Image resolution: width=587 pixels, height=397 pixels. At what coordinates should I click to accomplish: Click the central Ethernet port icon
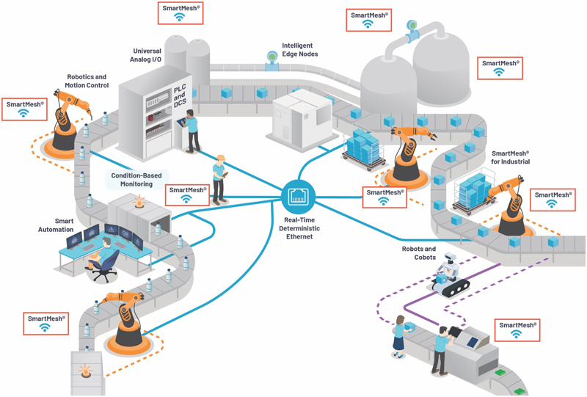[299, 196]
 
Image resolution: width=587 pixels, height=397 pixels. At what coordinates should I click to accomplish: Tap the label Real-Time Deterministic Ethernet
[299, 228]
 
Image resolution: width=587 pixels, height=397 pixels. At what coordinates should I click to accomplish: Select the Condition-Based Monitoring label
[136, 179]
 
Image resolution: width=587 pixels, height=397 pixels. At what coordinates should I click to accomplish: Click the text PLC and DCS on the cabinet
[180, 96]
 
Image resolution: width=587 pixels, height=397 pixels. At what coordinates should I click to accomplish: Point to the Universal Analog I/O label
[145, 55]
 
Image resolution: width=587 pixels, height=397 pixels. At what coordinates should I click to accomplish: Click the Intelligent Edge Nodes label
[300, 49]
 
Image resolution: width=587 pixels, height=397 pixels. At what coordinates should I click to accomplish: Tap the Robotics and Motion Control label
[87, 81]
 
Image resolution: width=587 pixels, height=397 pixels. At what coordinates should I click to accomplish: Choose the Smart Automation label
[56, 225]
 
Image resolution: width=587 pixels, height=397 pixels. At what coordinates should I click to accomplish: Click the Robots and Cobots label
[419, 253]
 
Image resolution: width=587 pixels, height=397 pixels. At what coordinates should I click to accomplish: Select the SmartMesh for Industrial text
[510, 157]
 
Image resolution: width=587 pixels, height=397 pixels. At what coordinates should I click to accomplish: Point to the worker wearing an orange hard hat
[219, 180]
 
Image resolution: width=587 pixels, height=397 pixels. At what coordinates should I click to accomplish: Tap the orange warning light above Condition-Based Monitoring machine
[139, 201]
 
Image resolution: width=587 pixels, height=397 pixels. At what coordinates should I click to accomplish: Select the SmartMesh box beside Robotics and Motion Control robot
[24, 109]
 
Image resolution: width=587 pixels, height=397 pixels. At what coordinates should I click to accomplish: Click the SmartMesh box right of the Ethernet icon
[384, 197]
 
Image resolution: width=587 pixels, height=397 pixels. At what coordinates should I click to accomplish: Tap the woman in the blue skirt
[399, 336]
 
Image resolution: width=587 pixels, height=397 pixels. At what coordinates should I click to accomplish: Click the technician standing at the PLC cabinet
[192, 131]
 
